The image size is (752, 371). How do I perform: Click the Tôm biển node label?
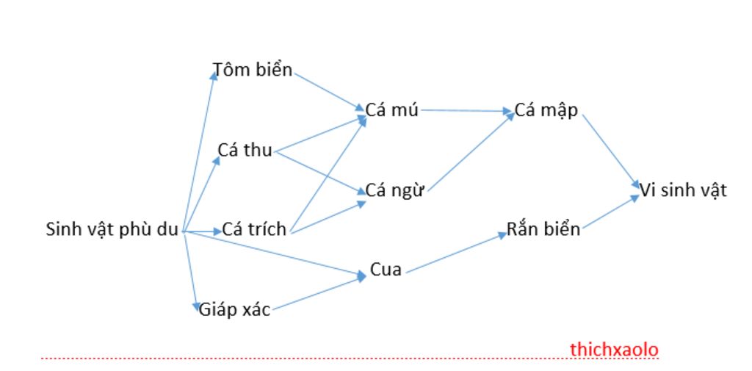pyautogui.click(x=253, y=71)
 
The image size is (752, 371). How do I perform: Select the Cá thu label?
pyautogui.click(x=245, y=151)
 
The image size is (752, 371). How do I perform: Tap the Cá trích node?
pyautogui.click(x=254, y=229)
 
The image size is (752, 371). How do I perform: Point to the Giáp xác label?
pyautogui.click(x=234, y=310)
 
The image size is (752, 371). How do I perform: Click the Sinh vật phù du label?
pyautogui.click(x=112, y=229)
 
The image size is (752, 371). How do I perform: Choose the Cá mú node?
pyautogui.click(x=392, y=110)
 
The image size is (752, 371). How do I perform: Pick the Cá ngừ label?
pyautogui.click(x=395, y=191)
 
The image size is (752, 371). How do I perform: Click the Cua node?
pyautogui.click(x=386, y=270)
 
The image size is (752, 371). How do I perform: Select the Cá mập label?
pyautogui.click(x=546, y=110)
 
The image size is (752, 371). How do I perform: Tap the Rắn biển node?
pyautogui.click(x=543, y=229)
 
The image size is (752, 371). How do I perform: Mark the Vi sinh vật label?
pyautogui.click(x=683, y=190)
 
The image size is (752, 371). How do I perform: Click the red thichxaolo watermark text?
pyautogui.click(x=614, y=350)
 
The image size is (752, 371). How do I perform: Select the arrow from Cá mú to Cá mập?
pyautogui.click(x=466, y=111)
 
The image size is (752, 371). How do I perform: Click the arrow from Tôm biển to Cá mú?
pyautogui.click(x=328, y=91)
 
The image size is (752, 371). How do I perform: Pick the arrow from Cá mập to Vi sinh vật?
pyautogui.click(x=610, y=148)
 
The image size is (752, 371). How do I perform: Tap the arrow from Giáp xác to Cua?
pyautogui.click(x=318, y=293)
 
